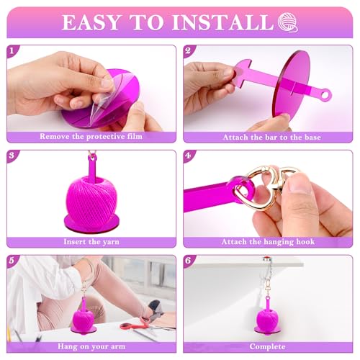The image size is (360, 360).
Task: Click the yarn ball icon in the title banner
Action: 288,22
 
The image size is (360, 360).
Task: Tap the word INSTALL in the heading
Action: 223,22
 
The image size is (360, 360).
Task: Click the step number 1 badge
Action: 12,50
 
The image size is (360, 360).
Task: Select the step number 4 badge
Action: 189,156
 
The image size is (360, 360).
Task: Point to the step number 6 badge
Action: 189,261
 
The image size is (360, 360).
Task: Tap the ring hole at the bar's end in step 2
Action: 325,95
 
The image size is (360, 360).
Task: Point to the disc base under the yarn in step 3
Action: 91,223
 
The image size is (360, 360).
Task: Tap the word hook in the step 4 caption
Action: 305,241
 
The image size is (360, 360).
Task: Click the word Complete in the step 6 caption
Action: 267,346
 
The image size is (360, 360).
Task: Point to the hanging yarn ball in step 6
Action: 268,318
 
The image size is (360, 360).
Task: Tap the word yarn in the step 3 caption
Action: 111,242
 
